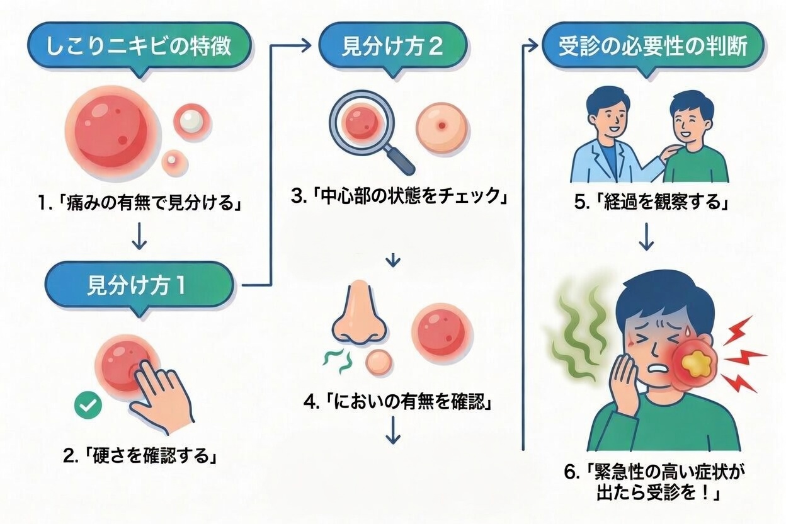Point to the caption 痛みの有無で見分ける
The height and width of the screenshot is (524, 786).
(x=139, y=204)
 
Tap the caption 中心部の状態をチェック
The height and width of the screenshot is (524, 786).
(x=399, y=196)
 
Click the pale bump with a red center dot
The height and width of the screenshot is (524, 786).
(x=443, y=126)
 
